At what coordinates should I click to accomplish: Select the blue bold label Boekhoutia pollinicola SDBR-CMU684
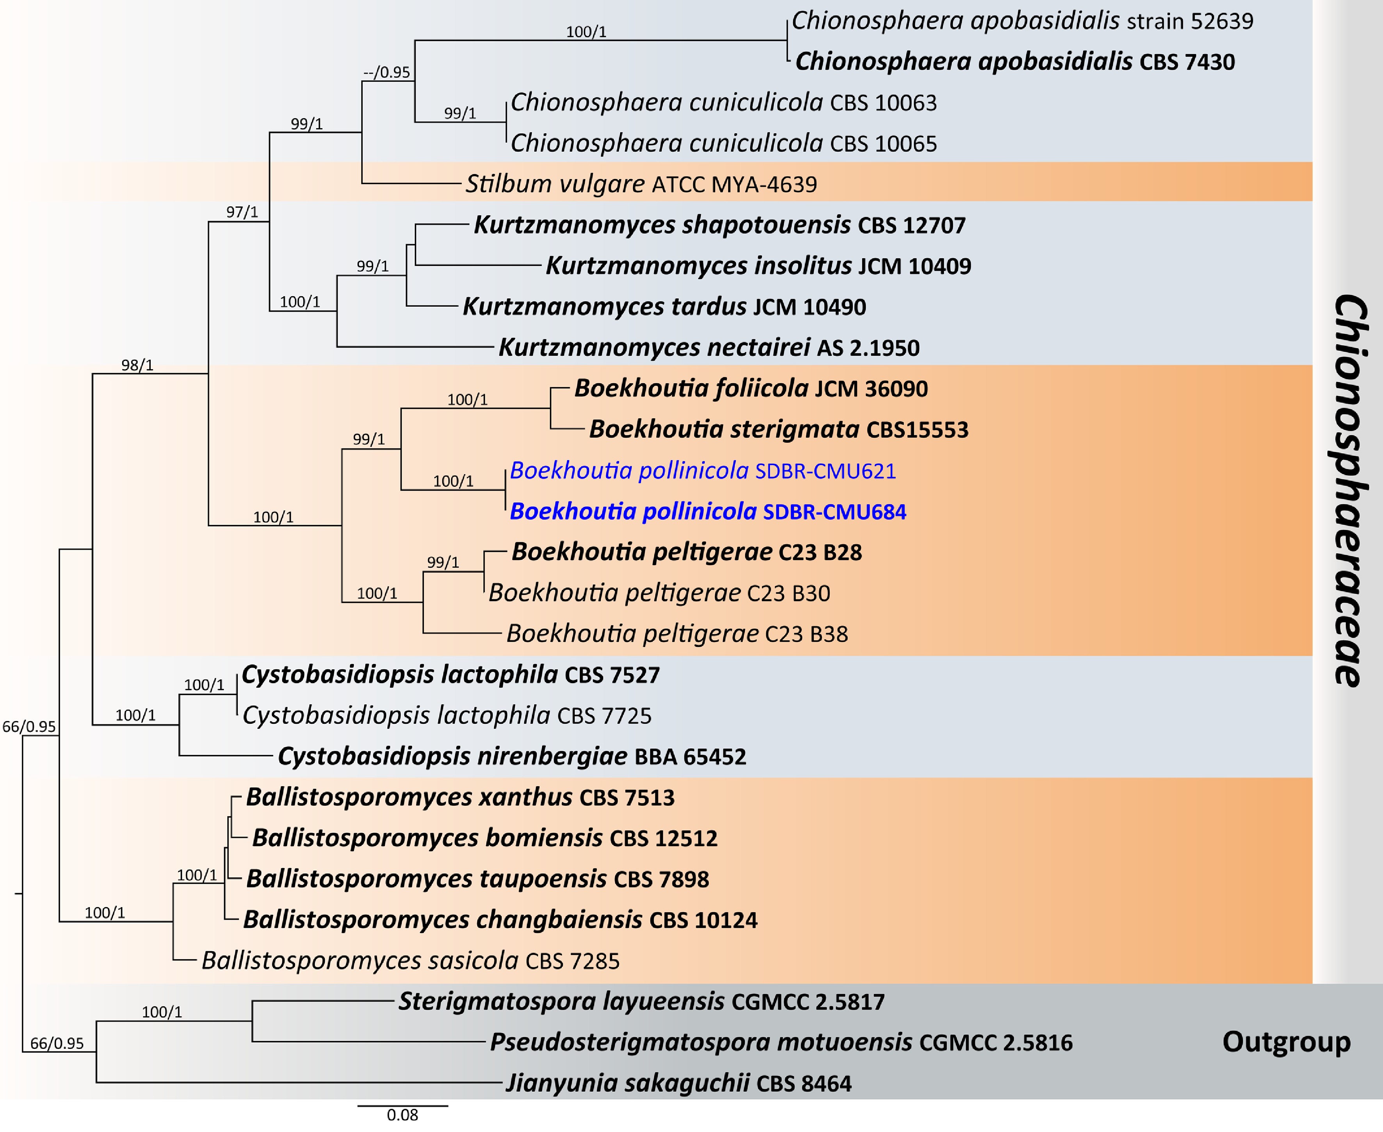tap(707, 512)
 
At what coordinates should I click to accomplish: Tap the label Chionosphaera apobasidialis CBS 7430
tap(1015, 62)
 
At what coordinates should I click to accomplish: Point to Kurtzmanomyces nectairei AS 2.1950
tap(709, 347)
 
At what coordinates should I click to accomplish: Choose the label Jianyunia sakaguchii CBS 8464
tap(678, 1083)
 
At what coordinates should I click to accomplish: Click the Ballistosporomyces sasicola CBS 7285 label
tap(410, 961)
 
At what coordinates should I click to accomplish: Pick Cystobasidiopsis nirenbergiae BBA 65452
tap(512, 756)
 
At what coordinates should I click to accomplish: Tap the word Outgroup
tap(1286, 1041)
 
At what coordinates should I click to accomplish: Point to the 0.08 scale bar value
tap(402, 1115)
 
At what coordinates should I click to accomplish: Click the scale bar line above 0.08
tap(402, 1105)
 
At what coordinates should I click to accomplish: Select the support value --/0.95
tap(387, 72)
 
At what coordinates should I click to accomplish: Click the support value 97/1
tap(242, 212)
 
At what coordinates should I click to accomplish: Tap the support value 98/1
tap(137, 365)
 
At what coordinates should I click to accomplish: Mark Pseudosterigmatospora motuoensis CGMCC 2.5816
tap(781, 1042)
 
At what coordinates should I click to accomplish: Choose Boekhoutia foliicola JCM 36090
tap(751, 389)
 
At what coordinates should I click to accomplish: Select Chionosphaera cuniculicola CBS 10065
tap(723, 144)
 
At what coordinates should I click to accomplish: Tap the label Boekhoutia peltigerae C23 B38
tap(677, 634)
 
